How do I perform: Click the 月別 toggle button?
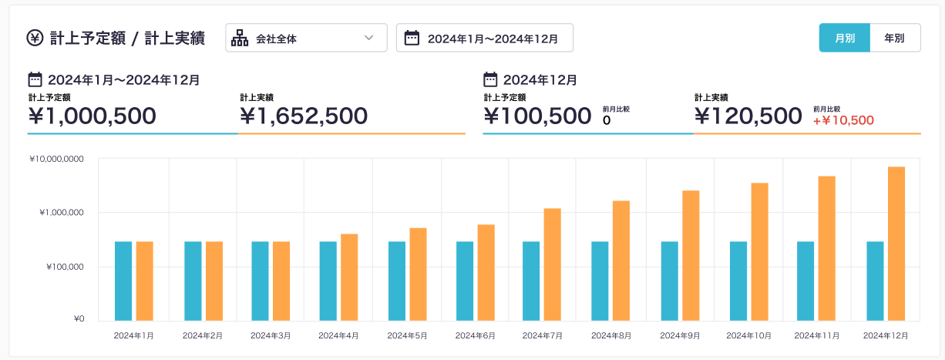(x=844, y=38)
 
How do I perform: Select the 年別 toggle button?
(x=894, y=38)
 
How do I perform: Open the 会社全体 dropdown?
(x=306, y=38)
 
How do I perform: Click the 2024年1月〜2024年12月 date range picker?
(x=484, y=38)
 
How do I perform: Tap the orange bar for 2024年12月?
(x=896, y=243)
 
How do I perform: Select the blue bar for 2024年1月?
(x=123, y=281)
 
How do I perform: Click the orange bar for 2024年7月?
(x=552, y=264)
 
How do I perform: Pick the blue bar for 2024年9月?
(x=669, y=281)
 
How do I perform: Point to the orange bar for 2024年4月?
(x=349, y=277)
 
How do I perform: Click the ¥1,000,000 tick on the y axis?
(x=61, y=213)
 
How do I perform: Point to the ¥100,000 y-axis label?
(x=63, y=267)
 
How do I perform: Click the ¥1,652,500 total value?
(x=304, y=116)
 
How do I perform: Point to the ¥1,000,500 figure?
(x=92, y=116)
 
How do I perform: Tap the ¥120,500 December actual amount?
(x=748, y=116)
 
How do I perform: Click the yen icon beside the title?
(x=35, y=38)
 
